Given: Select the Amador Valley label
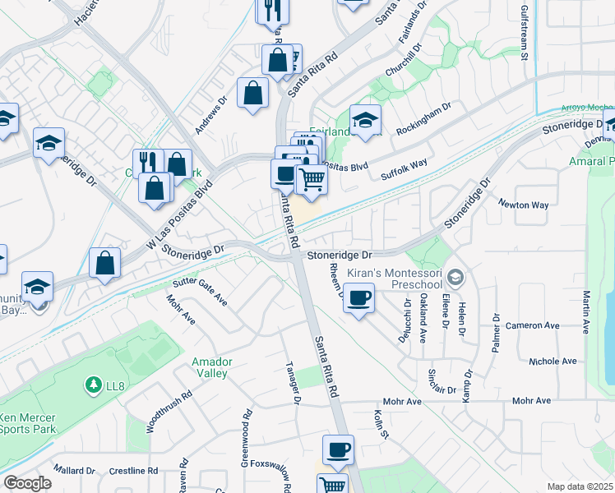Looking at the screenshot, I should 210,367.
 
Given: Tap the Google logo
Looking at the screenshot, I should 27,483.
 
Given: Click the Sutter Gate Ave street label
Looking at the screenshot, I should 199,292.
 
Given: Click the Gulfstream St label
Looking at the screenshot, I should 524,30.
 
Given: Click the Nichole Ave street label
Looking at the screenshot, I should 553,361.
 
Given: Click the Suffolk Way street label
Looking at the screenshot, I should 405,171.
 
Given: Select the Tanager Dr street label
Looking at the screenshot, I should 291,382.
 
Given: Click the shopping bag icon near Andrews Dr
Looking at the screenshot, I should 252,93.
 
